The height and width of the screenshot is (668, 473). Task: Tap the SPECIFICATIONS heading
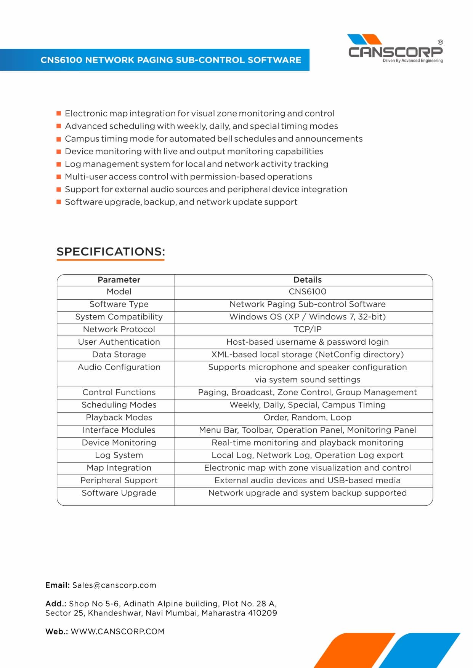click(111, 252)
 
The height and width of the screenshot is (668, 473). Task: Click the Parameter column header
click(119, 280)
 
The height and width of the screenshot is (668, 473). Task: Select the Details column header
click(307, 280)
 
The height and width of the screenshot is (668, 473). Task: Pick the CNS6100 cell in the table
click(307, 292)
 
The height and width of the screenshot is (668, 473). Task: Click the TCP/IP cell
click(307, 329)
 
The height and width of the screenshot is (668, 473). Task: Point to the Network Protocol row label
click(119, 329)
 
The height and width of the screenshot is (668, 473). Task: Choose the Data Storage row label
click(119, 355)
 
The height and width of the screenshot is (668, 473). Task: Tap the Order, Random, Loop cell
click(307, 417)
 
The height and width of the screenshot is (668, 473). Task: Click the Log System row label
click(119, 455)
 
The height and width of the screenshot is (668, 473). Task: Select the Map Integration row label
click(119, 468)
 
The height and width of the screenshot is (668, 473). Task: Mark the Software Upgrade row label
click(119, 493)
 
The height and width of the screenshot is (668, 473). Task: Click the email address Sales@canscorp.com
click(114, 585)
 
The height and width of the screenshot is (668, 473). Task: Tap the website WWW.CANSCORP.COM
click(117, 631)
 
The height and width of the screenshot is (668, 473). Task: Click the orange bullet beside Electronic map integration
click(59, 113)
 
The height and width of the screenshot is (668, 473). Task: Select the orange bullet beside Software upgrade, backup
click(59, 202)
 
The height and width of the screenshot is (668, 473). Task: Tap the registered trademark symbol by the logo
click(440, 42)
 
